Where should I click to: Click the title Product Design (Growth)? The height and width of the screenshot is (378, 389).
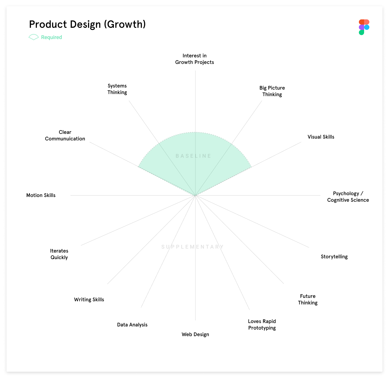tap(87, 24)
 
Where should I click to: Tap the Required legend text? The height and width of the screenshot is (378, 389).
tap(51, 37)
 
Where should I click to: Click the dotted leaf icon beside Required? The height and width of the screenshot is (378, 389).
tap(34, 37)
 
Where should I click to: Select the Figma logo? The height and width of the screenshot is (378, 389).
tap(364, 27)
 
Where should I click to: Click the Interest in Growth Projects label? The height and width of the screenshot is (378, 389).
tap(195, 59)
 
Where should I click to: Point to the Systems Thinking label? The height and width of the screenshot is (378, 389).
tap(117, 89)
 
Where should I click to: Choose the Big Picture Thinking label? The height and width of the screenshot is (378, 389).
tap(272, 91)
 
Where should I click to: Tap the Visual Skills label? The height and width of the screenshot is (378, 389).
tap(321, 137)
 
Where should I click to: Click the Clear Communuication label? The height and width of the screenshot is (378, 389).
tap(65, 135)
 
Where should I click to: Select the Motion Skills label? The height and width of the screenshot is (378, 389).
tap(41, 195)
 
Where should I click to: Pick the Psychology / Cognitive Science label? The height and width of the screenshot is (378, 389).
tap(348, 197)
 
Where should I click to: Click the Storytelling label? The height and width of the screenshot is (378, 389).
tap(334, 257)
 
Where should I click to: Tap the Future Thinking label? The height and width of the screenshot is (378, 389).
tap(308, 299)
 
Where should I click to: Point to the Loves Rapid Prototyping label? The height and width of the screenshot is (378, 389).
tap(262, 325)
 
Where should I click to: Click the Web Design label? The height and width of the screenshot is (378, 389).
tap(195, 335)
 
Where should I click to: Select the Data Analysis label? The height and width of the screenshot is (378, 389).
tap(132, 325)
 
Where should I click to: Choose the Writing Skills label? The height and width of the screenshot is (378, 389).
tap(89, 300)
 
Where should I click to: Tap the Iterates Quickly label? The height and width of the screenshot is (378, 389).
tap(59, 254)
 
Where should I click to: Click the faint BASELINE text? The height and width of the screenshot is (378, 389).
tap(193, 156)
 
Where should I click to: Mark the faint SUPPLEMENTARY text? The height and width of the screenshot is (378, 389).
tap(193, 247)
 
